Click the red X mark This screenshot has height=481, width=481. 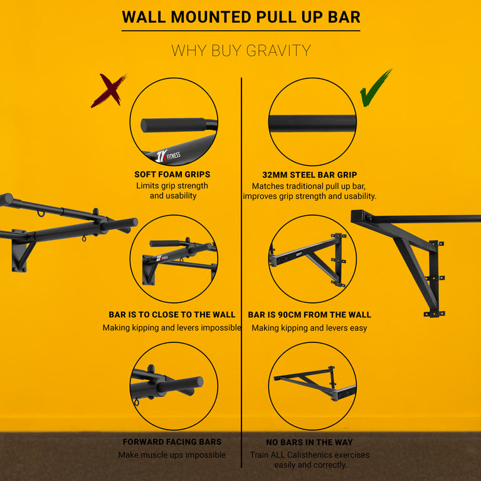(108, 91)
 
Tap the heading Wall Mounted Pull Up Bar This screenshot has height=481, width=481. (241, 16)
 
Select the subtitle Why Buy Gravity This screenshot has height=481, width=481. (241, 51)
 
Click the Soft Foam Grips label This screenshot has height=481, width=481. (172, 174)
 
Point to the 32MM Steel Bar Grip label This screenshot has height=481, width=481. (309, 174)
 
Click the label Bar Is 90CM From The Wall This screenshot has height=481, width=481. (309, 315)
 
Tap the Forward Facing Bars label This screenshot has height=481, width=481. (172, 442)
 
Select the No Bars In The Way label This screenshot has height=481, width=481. (309, 442)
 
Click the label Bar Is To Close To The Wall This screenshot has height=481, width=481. (172, 315)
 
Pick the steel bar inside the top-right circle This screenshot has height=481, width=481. (312, 123)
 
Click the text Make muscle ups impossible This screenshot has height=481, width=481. (172, 455)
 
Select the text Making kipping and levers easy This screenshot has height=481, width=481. (309, 328)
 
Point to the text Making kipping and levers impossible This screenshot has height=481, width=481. (172, 328)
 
